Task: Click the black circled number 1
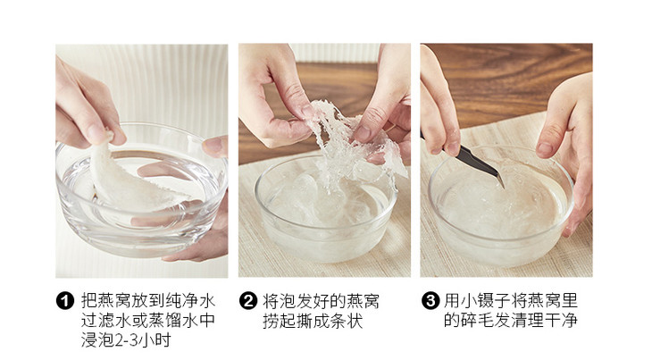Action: point(65,300)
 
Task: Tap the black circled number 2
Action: point(247,300)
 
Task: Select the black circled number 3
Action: point(430,300)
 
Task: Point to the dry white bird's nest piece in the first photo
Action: point(129,179)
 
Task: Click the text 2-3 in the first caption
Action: point(126,340)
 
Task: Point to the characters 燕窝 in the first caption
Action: point(114,300)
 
